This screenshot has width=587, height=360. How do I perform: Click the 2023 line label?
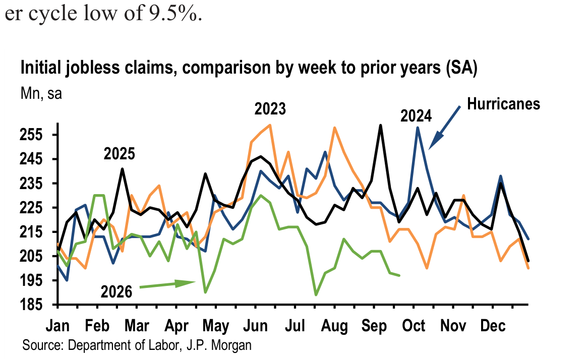(x=270, y=109)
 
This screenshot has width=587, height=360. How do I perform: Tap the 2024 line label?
(x=416, y=116)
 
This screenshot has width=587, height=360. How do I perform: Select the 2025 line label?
(x=119, y=154)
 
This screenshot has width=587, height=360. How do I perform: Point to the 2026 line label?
(x=116, y=292)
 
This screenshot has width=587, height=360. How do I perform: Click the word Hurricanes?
(x=503, y=104)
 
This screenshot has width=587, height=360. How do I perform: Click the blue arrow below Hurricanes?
(x=444, y=128)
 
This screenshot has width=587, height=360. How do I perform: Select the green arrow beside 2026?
(x=168, y=284)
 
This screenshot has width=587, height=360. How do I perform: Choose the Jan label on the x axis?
(x=57, y=326)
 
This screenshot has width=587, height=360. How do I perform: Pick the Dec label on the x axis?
(x=493, y=326)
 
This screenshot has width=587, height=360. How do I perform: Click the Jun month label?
(x=255, y=326)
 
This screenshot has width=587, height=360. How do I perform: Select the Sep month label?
(x=374, y=326)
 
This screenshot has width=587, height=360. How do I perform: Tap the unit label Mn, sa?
(x=41, y=94)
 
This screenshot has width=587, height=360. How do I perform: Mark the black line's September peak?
(x=380, y=125)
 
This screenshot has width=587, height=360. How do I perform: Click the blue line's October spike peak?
(x=418, y=128)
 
